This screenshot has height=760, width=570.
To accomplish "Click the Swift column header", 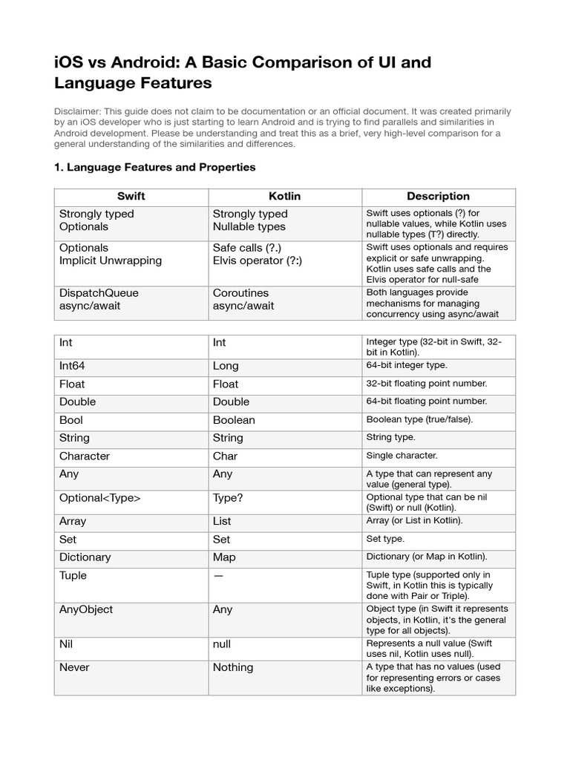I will [x=131, y=197].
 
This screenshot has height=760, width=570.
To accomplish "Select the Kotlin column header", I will [x=284, y=197].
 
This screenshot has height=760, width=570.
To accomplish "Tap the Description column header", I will [x=438, y=197].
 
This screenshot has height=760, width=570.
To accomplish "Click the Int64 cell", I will [x=72, y=366].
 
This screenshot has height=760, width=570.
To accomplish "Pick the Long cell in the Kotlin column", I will [x=226, y=366].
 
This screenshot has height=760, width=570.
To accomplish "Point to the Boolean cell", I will [x=234, y=420].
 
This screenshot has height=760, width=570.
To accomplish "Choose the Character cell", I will [x=85, y=456].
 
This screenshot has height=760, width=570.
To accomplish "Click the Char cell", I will [x=225, y=456].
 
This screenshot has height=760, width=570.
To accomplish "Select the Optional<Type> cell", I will [x=99, y=498].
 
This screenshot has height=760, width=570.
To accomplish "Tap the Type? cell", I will [x=229, y=498].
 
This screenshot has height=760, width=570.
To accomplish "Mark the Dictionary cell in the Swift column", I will [x=85, y=557].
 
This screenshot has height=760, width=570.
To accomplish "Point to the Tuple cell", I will [x=73, y=576].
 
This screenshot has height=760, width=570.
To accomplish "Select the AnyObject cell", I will [x=86, y=609].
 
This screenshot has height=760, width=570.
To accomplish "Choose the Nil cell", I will [x=66, y=645].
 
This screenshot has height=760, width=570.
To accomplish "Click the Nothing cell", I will [x=233, y=667].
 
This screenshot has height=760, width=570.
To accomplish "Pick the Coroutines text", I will [x=240, y=293].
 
